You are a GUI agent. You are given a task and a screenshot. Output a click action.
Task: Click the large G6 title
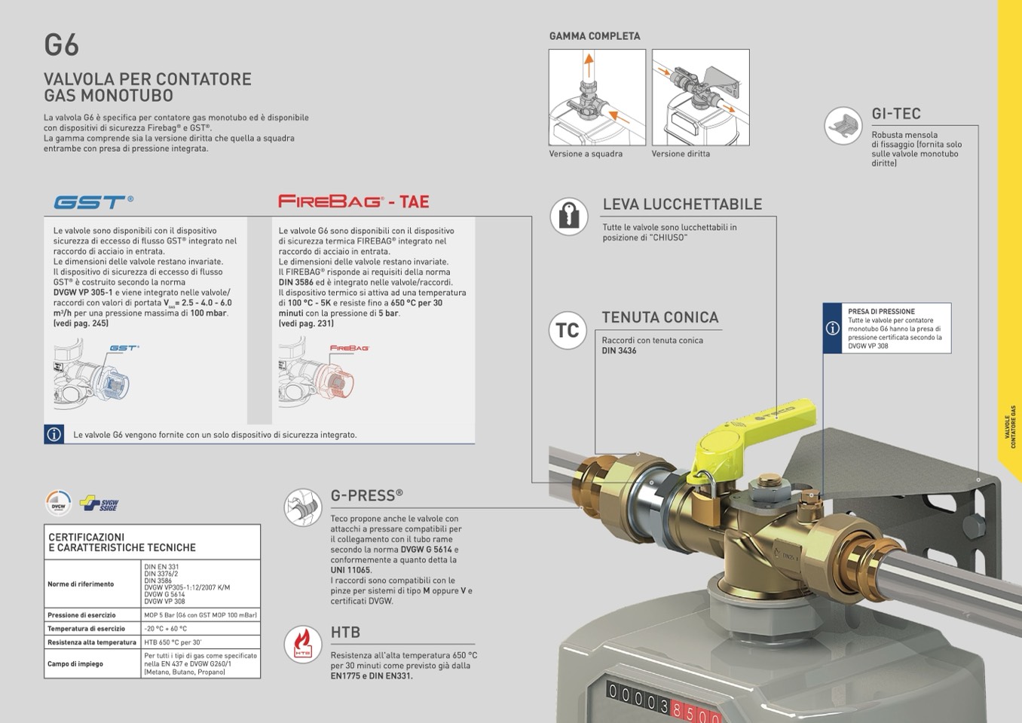click(x=61, y=45)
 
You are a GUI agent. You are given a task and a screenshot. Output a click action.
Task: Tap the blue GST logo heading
click(x=93, y=202)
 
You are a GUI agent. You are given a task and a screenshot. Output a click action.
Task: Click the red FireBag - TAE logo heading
click(x=353, y=201)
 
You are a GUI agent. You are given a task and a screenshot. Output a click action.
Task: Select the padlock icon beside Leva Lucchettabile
click(x=568, y=216)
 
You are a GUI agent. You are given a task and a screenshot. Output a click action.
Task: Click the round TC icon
click(x=567, y=330)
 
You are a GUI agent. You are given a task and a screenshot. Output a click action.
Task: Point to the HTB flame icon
click(x=302, y=644)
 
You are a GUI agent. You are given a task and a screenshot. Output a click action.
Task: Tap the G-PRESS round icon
click(x=302, y=507)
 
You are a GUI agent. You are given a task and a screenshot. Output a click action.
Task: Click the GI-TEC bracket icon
click(x=843, y=125)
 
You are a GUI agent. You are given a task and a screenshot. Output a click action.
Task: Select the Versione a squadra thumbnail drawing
click(x=597, y=97)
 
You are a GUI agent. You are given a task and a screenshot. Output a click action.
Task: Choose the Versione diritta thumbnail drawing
click(x=700, y=97)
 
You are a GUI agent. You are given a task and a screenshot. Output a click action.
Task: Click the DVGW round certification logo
click(x=58, y=504)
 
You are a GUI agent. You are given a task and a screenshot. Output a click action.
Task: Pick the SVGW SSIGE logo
click(x=99, y=503)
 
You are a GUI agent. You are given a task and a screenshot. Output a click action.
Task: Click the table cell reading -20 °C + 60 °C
click(x=166, y=629)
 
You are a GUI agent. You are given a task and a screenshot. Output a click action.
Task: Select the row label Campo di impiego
click(x=75, y=663)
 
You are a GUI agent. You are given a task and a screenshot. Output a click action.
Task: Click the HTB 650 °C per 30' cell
click(x=173, y=642)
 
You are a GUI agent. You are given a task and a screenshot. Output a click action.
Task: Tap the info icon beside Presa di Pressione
click(x=832, y=328)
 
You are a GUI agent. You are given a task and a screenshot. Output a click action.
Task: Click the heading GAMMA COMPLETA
click(x=595, y=36)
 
